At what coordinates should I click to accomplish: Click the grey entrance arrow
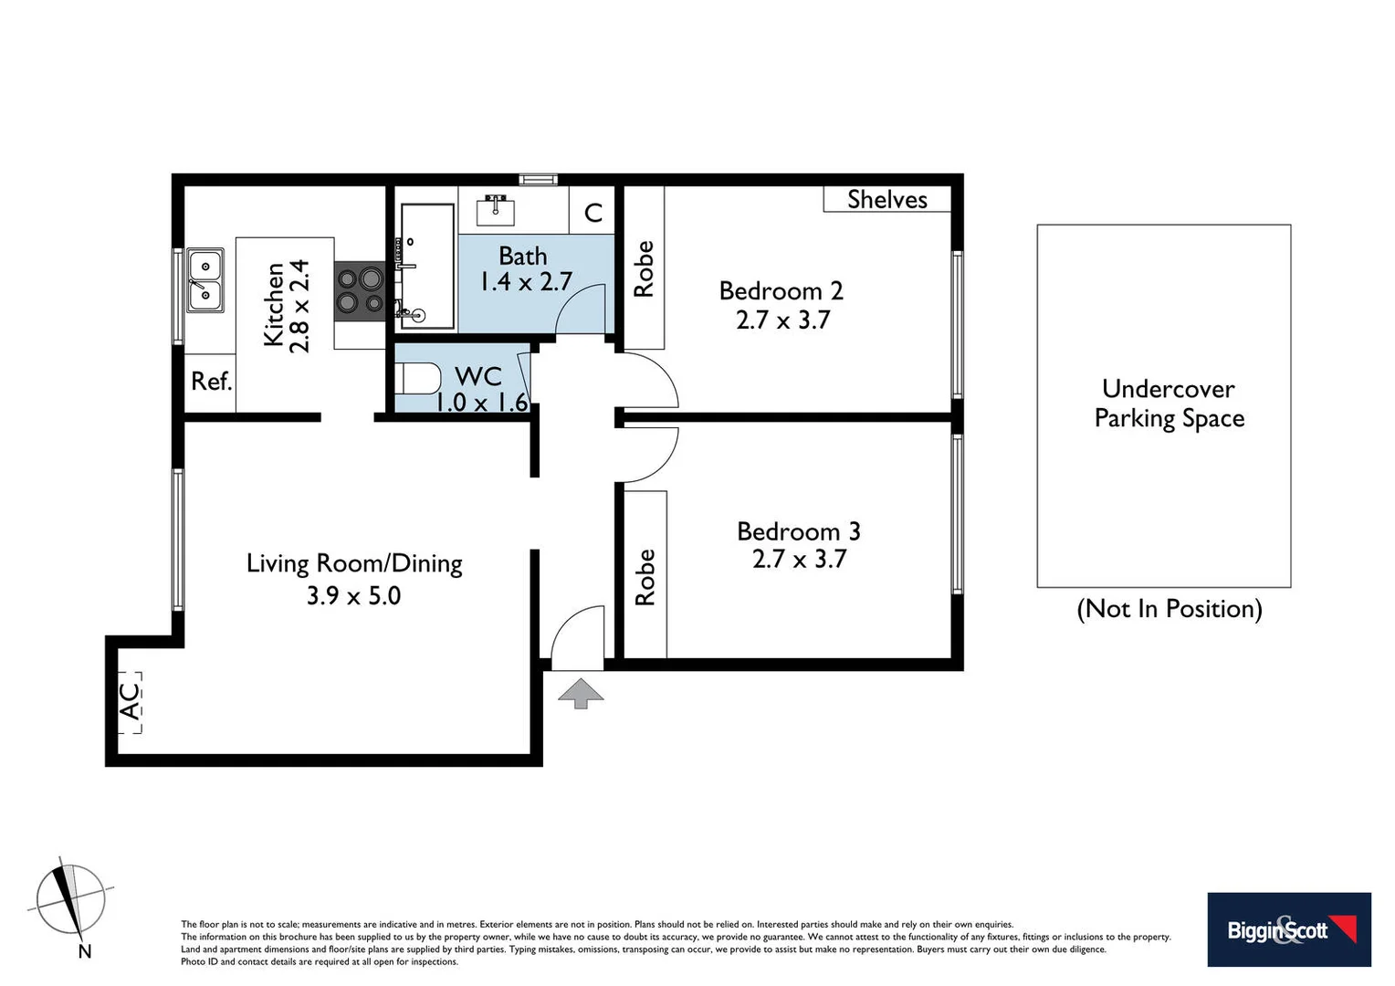pyautogui.click(x=581, y=693)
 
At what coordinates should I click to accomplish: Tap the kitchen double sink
pyautogui.click(x=205, y=280)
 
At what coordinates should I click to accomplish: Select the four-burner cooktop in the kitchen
pyautogui.click(x=359, y=290)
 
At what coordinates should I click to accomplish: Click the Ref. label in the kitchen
pyautogui.click(x=211, y=382)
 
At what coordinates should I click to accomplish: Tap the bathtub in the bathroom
pyautogui.click(x=425, y=267)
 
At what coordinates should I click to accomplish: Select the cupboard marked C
pyautogui.click(x=593, y=212)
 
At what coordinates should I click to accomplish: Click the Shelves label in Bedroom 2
pyautogui.click(x=886, y=199)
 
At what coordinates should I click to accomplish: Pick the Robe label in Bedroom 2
pyautogui.click(x=644, y=268)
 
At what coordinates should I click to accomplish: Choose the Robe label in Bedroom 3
pyautogui.click(x=645, y=577)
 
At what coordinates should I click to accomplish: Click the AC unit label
pyautogui.click(x=131, y=701)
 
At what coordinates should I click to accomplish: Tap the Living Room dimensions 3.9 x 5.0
pyautogui.click(x=353, y=595)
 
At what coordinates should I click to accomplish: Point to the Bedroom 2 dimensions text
pyautogui.click(x=782, y=320)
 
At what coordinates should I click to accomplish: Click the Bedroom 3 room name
pyautogui.click(x=798, y=531)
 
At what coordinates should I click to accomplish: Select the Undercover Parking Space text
pyautogui.click(x=1169, y=404)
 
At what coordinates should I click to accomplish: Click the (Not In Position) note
pyautogui.click(x=1169, y=609)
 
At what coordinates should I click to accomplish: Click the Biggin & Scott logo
pyautogui.click(x=1288, y=929)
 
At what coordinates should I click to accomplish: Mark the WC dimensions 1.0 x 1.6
pyautogui.click(x=481, y=402)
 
